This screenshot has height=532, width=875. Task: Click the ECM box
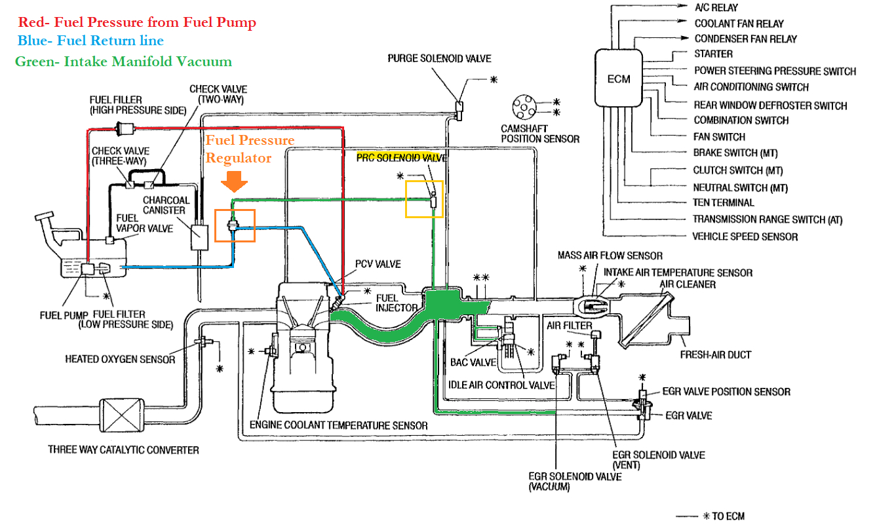(x=618, y=79)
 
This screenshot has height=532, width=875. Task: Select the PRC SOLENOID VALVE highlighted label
(x=402, y=158)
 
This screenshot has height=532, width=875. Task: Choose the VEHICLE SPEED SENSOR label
(x=745, y=237)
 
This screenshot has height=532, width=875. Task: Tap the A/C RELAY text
(x=716, y=8)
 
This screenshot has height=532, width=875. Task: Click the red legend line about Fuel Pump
(x=136, y=22)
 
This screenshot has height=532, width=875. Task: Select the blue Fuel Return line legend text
(x=90, y=41)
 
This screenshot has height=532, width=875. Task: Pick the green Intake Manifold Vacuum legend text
(x=123, y=62)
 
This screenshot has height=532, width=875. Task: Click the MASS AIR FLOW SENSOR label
(x=610, y=256)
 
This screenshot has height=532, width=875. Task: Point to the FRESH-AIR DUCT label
(x=715, y=354)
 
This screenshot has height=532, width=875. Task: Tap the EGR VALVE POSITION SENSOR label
(x=726, y=392)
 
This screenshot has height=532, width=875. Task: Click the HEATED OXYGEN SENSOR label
(x=120, y=359)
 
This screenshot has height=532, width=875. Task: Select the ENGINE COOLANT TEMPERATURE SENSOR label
(x=338, y=426)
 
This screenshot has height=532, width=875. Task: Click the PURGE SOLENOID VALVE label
(x=439, y=58)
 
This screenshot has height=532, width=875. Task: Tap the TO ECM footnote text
(x=728, y=516)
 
